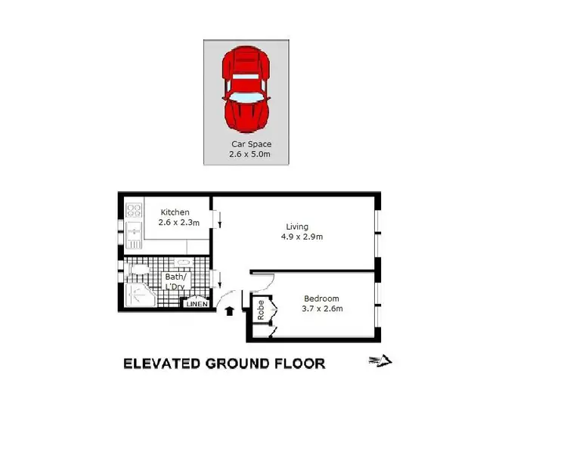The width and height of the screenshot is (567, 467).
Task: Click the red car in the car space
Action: coord(245,89)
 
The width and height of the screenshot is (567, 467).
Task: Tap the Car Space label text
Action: coord(251,144)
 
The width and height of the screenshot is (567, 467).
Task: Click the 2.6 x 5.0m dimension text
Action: coord(249,154)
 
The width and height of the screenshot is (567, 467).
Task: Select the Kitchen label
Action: coord(174,212)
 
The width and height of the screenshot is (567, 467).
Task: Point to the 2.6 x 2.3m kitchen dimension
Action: coord(178,223)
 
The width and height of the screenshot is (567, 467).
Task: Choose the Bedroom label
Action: coord(322,298)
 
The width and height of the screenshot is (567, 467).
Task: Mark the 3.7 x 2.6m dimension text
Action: coord(323,308)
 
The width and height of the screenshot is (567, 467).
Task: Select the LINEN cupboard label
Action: coord(197,304)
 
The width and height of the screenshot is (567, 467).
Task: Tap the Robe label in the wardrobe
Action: coord(261,311)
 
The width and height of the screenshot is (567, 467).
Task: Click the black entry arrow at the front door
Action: coord(229,309)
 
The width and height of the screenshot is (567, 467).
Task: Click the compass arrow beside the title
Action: coord(381,361)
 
